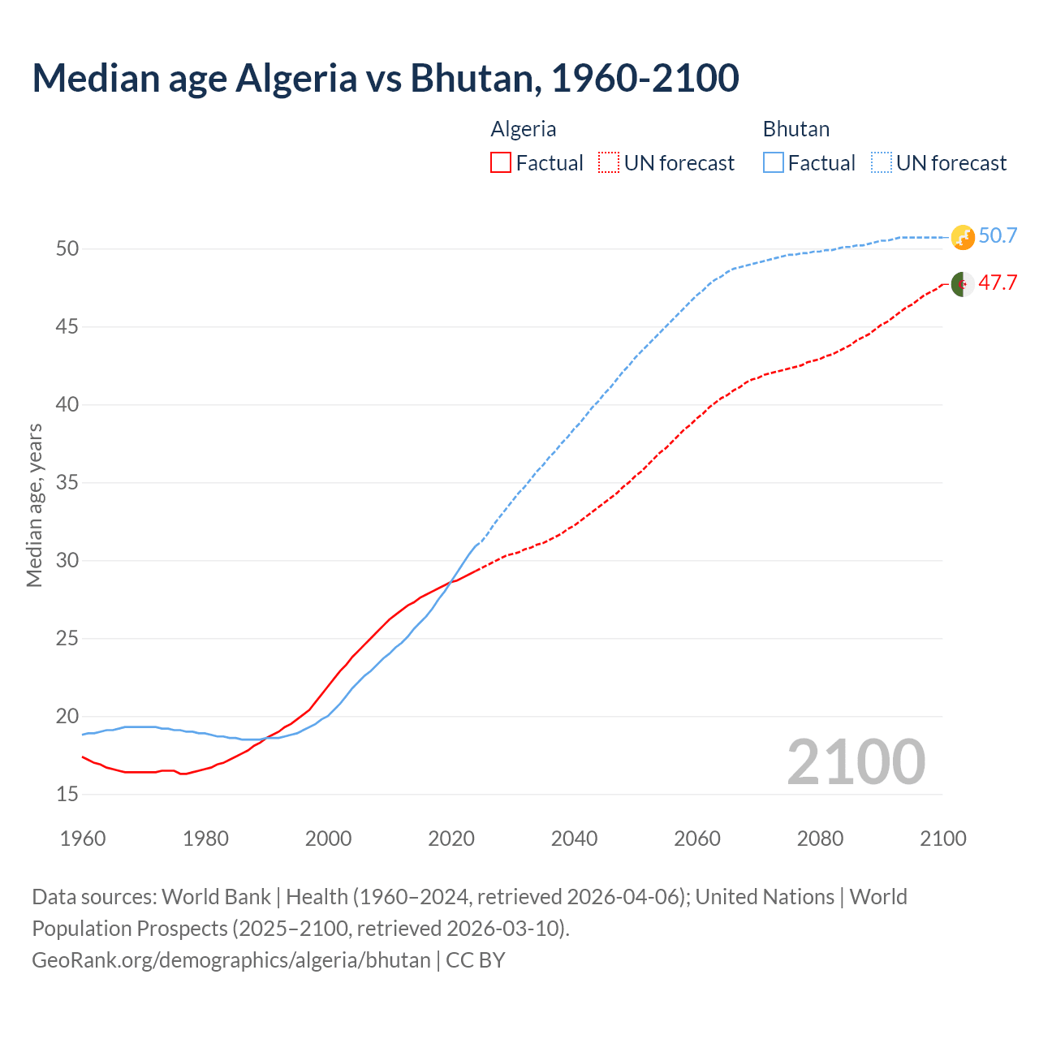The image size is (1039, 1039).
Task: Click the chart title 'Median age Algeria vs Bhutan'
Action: pyautogui.click(x=385, y=78)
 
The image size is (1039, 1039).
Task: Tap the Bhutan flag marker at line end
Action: pyautogui.click(x=963, y=237)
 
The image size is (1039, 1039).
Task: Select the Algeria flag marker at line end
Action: pyautogui.click(x=963, y=285)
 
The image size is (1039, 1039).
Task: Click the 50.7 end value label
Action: pyautogui.click(x=998, y=236)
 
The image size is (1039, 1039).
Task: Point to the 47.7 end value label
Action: pyautogui.click(x=998, y=283)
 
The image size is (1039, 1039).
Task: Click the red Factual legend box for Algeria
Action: pyautogui.click(x=501, y=163)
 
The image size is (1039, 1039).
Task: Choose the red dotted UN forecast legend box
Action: pyautogui.click(x=609, y=163)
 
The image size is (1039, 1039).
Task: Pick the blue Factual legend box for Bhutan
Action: pyautogui.click(x=774, y=163)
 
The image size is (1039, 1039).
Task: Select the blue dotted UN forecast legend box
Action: pyautogui.click(x=882, y=163)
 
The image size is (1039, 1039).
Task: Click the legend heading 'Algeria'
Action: pyautogui.click(x=524, y=129)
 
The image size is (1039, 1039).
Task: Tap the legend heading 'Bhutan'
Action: pyautogui.click(x=796, y=129)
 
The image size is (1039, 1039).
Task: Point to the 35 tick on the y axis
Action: pyautogui.click(x=67, y=483)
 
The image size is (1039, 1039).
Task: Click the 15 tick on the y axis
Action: pyautogui.click(x=67, y=795)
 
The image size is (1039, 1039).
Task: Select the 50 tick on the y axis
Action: pyautogui.click(x=67, y=249)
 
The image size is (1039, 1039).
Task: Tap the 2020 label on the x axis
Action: pyautogui.click(x=451, y=839)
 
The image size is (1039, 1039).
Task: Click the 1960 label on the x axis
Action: pyautogui.click(x=83, y=839)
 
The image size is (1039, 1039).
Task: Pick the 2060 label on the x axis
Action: pyautogui.click(x=697, y=839)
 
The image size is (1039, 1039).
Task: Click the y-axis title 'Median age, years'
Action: pyautogui.click(x=34, y=505)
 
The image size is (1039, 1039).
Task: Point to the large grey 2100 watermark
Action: pyautogui.click(x=856, y=762)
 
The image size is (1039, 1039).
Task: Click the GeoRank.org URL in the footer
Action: pyautogui.click(x=231, y=960)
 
